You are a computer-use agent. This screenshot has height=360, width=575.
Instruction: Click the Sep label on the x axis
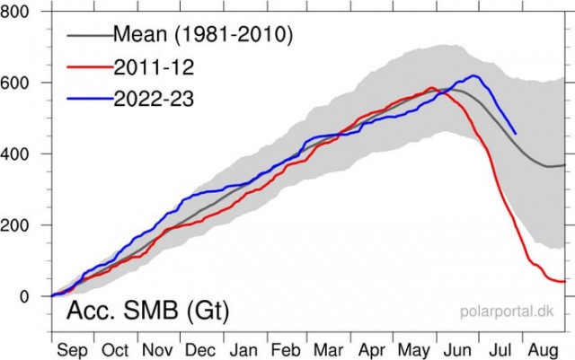point(72,350)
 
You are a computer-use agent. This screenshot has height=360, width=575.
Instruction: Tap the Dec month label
point(200,350)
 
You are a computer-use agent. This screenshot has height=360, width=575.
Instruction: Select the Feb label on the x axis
point(286,350)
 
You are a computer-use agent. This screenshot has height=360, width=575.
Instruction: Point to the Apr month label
point(372,350)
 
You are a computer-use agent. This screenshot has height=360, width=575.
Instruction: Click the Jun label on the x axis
point(457,350)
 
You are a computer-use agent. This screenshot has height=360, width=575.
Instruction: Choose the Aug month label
point(543,351)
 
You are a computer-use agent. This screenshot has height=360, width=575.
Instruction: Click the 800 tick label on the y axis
point(14,12)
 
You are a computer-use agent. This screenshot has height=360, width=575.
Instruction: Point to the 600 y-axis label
point(14,83)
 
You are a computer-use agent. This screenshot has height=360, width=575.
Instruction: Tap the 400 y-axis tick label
point(14,154)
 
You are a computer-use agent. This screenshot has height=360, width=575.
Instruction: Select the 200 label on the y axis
point(14,225)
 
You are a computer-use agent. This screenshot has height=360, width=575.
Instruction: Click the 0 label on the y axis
point(24,296)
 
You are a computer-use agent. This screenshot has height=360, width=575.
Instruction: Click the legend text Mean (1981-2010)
point(203,34)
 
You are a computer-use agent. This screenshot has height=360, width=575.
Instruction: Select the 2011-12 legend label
point(154,67)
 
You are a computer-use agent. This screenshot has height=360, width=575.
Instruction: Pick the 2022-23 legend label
point(154,99)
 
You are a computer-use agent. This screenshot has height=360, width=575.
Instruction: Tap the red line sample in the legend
point(90,66)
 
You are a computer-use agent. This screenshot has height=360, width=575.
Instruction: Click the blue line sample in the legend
point(90,98)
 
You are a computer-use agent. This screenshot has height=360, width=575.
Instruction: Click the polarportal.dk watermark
point(507,312)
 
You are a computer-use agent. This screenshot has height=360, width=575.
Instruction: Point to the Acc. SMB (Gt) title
point(147,311)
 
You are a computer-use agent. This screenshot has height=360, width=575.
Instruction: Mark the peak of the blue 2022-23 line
point(473,75)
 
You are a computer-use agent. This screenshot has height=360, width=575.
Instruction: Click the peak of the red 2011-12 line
point(431,87)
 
